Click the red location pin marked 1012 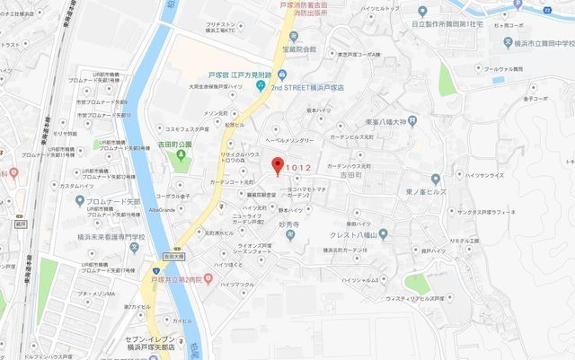click(278, 165)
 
